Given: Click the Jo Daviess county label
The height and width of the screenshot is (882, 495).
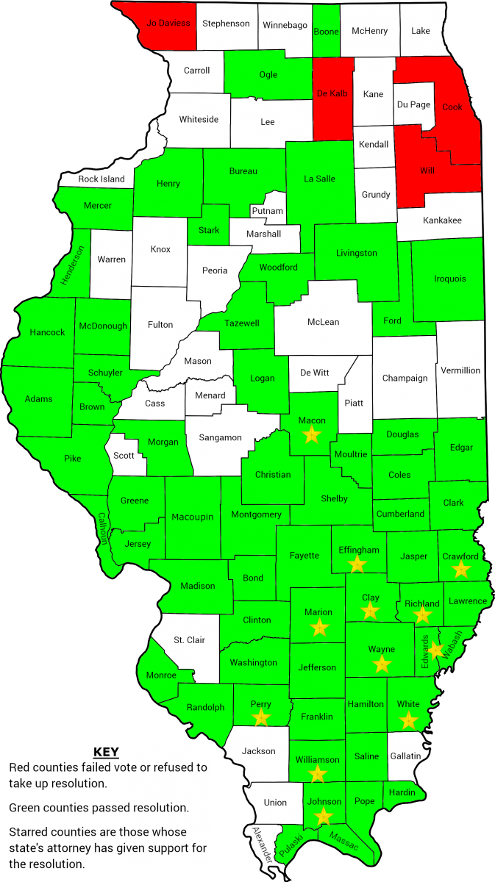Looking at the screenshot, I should point(168,23).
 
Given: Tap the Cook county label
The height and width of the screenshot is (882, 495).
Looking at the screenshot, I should point(452,107).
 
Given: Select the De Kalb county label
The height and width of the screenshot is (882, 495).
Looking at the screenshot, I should point(332,93).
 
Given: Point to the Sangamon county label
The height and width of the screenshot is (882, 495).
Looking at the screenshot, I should point(221,437).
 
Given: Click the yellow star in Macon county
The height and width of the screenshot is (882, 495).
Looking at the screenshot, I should point(312,434).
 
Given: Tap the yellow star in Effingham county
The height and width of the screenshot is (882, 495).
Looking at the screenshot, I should point(357,564).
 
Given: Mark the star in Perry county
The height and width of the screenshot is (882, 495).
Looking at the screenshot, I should point(261,717).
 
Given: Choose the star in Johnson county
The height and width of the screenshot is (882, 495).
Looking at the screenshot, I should point(323,816).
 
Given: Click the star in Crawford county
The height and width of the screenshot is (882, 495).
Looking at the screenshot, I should point(461,569).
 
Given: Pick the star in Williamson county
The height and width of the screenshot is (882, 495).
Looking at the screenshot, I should point(317,773).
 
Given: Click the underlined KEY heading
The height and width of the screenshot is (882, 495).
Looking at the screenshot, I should point(107,753).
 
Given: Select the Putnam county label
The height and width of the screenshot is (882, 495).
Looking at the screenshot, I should point(267,211).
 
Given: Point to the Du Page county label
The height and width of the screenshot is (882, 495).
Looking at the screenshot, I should point(413,104).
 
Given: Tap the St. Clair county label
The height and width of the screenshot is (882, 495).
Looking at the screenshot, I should point(189,639).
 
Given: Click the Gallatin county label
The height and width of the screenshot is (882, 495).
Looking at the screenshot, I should point(405,756).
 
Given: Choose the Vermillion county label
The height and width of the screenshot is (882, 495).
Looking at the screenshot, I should point(460,370).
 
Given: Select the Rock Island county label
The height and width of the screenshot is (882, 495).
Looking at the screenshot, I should point(102,179).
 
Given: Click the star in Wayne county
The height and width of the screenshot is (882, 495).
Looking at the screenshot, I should point(382,664).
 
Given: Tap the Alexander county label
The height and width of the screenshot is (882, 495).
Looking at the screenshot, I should point(262,845).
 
